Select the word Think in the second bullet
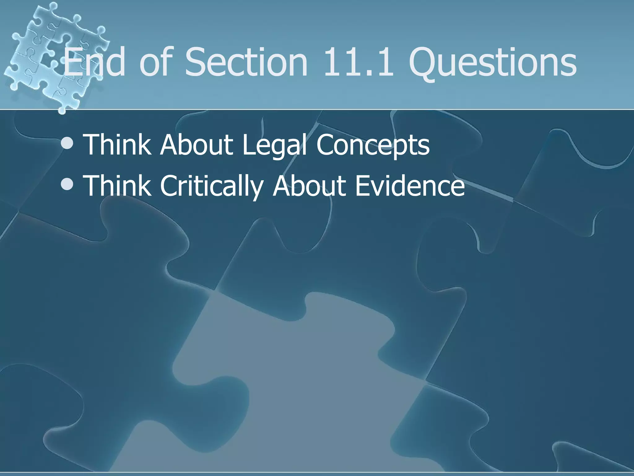(x=118, y=186)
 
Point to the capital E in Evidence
(x=363, y=186)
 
